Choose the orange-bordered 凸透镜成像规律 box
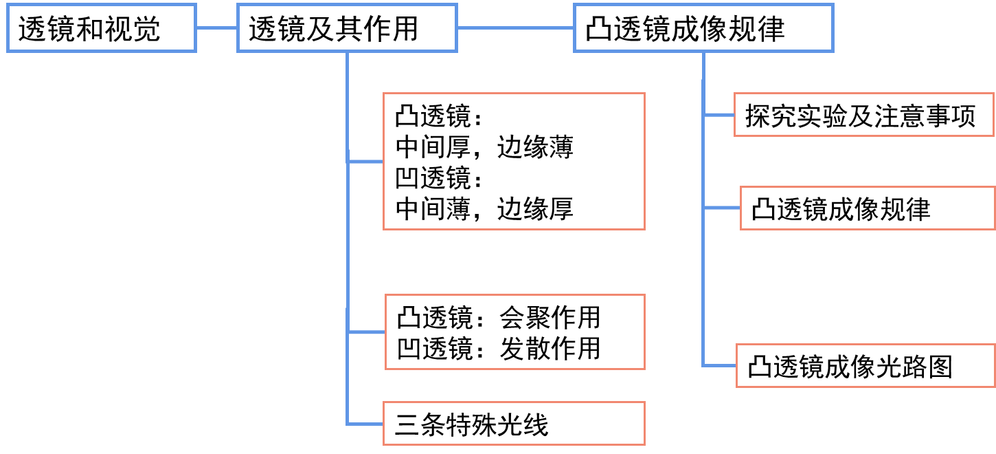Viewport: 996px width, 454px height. point(868,208)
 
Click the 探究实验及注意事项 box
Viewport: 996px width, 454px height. point(863,116)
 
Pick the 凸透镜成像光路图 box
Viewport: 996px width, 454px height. point(865,366)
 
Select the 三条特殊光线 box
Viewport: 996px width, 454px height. point(514,424)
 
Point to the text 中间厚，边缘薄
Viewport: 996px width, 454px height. point(484,148)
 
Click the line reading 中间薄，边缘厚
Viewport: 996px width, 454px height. point(484,208)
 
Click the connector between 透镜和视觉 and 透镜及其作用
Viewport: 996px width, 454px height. point(216,28)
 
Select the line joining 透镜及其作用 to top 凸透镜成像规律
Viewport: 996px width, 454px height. point(515,28)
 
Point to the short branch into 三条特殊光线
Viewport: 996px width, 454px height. point(366,422)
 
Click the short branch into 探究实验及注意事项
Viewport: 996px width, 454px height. point(718,115)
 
